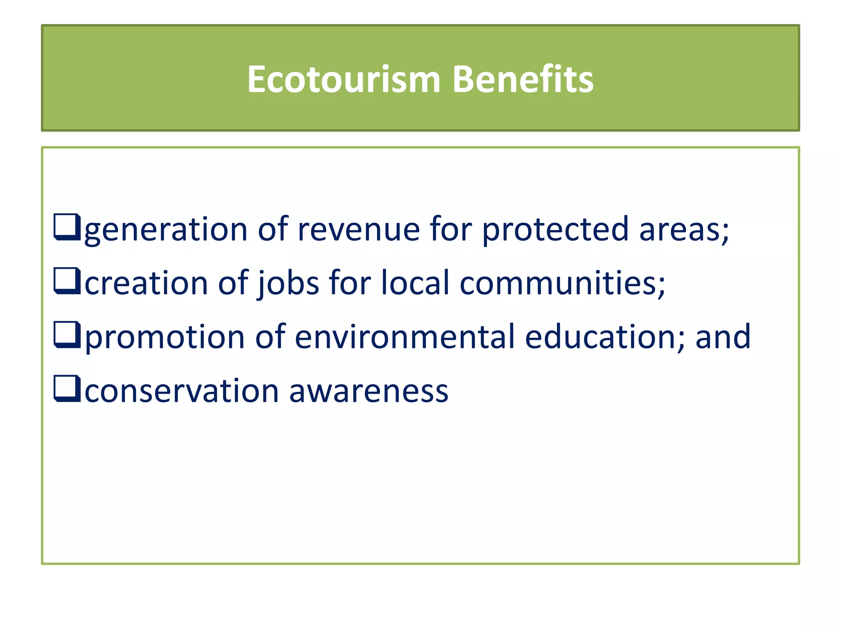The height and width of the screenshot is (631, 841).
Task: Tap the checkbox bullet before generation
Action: point(67,227)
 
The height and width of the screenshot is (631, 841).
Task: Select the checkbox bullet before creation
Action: point(67,281)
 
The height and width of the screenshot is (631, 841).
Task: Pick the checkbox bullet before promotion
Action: point(67,335)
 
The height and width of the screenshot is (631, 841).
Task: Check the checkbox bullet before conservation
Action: point(67,389)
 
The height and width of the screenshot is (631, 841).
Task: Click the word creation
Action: point(146,283)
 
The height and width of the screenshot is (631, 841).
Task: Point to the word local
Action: point(415,283)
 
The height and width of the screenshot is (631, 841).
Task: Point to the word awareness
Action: point(368,391)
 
